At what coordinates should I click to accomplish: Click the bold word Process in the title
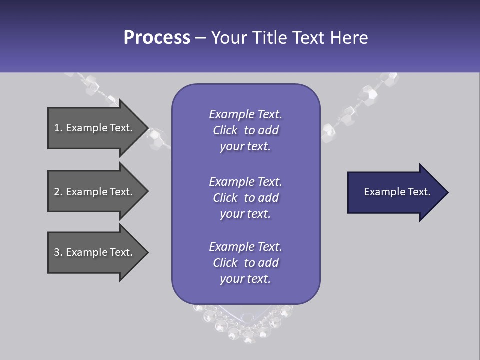157,38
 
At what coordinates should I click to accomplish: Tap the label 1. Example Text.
93,128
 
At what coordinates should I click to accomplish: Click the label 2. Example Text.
93,192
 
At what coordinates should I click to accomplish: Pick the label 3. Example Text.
93,252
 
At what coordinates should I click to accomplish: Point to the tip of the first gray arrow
147,128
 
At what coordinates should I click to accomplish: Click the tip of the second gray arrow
147,191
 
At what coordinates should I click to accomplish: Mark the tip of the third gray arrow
147,252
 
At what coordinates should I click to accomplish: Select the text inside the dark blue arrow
397,192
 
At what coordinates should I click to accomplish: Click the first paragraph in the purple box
245,130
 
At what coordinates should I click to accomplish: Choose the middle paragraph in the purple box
245,198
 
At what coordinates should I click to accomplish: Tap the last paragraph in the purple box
245,263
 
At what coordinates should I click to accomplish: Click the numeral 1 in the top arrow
56,128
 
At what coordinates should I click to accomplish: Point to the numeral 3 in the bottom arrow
57,252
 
